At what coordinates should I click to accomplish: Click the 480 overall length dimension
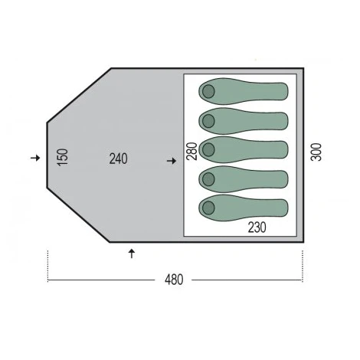pos(174,280)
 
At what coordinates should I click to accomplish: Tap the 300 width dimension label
pos(316,152)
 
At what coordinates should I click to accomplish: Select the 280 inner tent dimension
pos(192,151)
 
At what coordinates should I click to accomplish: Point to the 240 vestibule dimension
pos(118,159)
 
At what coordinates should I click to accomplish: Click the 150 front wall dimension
pos(63,158)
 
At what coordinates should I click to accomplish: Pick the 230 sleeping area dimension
pos(257,227)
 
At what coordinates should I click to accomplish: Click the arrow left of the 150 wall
pos(35,158)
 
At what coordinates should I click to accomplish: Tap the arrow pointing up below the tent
pos(132,254)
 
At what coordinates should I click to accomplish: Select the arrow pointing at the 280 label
pos(172,161)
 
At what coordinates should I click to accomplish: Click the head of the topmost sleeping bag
pos(208,91)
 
